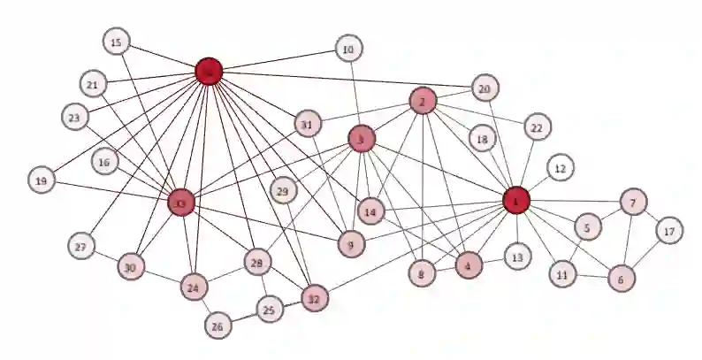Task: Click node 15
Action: [116, 42]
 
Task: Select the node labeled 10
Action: [348, 49]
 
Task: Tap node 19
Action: [41, 180]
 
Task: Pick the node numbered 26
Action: [217, 326]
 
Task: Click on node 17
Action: [669, 232]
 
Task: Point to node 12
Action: [560, 167]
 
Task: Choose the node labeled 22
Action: [536, 127]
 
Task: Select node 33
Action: [180, 203]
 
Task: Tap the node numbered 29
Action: [283, 192]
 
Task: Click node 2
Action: [423, 102]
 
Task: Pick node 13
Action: [517, 257]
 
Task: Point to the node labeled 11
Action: [561, 275]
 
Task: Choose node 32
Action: [313, 299]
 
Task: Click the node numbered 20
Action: [485, 88]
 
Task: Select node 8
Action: [423, 274]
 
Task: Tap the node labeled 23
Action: [73, 117]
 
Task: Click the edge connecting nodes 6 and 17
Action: [645, 255]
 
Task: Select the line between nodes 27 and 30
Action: [106, 257]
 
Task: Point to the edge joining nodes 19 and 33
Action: [111, 192]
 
